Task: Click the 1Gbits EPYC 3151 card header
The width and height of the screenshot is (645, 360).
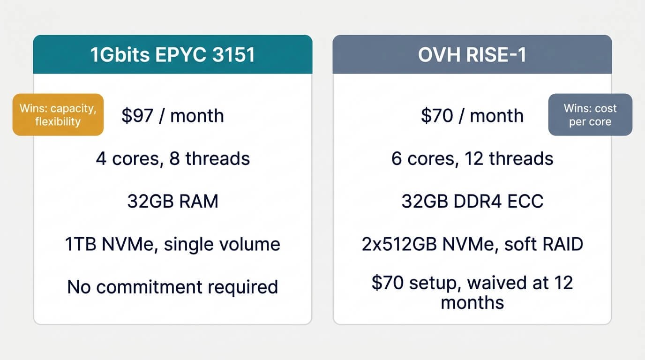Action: [173, 54]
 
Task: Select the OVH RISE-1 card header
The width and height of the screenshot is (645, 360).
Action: [472, 54]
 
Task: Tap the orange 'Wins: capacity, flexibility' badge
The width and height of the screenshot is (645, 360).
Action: [58, 115]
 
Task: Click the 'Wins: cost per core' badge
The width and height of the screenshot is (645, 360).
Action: [590, 115]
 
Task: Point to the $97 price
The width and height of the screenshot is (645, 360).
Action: [137, 116]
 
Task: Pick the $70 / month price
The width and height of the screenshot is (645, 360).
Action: [472, 116]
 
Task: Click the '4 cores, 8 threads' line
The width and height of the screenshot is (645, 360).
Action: [173, 159]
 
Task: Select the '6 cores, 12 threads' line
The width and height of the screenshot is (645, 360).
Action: [472, 159]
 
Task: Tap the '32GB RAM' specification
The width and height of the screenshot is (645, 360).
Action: [173, 201]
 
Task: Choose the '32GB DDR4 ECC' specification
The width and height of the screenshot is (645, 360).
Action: [472, 201]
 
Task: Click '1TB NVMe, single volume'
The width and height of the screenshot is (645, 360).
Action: [173, 244]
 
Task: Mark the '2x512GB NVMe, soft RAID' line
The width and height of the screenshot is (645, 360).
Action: [472, 244]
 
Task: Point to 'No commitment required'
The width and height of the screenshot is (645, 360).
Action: [173, 287]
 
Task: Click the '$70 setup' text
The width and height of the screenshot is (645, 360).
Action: [414, 283]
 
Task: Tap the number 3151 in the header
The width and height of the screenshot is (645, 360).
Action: [234, 54]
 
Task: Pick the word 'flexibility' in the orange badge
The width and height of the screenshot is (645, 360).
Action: [58, 121]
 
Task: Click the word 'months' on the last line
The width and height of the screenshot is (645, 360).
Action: [472, 303]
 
